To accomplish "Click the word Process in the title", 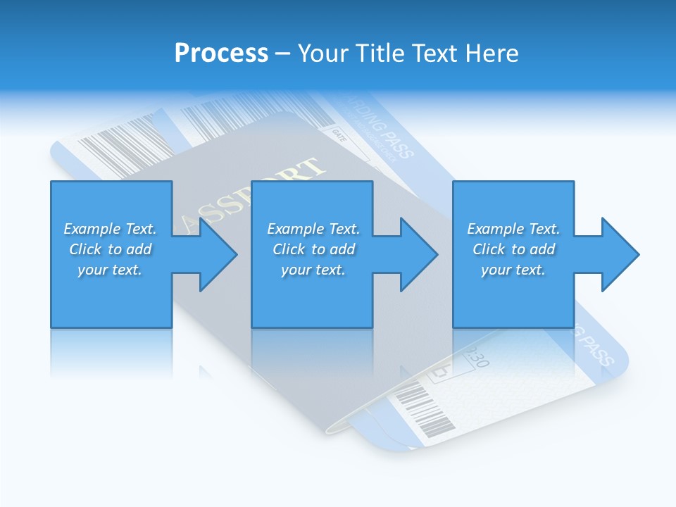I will pyautogui.click(x=221, y=54).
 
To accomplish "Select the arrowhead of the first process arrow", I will pyautogui.click(x=218, y=254).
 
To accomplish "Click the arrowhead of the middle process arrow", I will pyautogui.click(x=419, y=254).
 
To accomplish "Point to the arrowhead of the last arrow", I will pyautogui.click(x=620, y=254).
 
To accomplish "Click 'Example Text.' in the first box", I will pyautogui.click(x=110, y=229).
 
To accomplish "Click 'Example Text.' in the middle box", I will pyautogui.click(x=313, y=229).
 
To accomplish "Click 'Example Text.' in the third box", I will pyautogui.click(x=513, y=229).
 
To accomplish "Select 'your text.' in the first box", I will pyautogui.click(x=110, y=270).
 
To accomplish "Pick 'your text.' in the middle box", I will pyautogui.click(x=313, y=270).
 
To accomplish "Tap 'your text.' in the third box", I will pyautogui.click(x=513, y=270).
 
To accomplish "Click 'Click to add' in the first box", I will pyautogui.click(x=110, y=249).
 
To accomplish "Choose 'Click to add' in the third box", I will pyautogui.click(x=513, y=249).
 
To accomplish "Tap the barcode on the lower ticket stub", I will pyautogui.click(x=424, y=413).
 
